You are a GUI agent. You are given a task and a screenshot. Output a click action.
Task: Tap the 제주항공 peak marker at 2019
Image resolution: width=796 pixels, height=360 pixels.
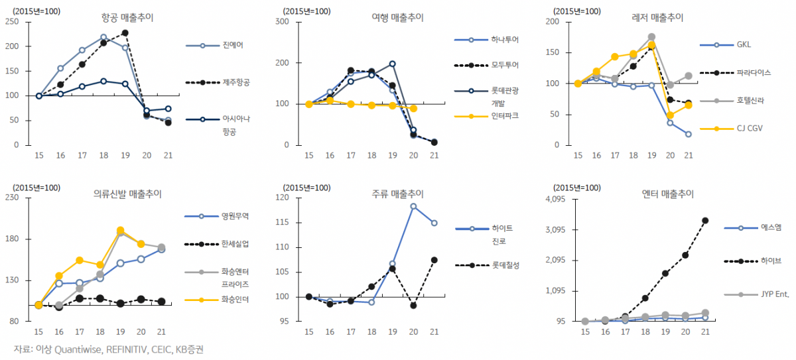[x=125, y=33]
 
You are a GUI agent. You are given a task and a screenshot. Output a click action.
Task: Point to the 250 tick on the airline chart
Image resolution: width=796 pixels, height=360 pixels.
[x=11, y=22]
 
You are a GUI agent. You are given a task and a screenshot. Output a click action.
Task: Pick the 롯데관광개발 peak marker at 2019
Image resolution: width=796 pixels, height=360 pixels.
[x=392, y=64]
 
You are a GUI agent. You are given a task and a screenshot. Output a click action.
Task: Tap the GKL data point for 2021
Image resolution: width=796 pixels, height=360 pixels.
[x=689, y=134]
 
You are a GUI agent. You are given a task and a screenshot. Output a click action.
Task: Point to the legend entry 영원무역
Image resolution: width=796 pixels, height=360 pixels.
[x=237, y=216]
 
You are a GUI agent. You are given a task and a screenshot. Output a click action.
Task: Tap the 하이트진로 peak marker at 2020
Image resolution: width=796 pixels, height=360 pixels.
[x=413, y=206]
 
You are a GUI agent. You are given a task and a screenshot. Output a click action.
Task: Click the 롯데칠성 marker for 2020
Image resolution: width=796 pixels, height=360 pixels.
[x=413, y=306]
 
